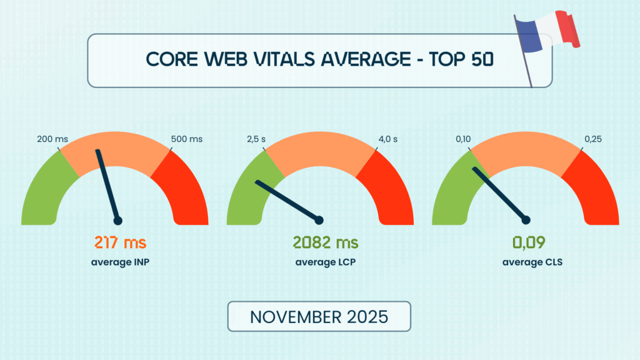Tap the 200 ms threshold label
[52, 139]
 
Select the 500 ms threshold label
[187, 139]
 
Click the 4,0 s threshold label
[387, 139]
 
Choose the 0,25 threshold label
[594, 139]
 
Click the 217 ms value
[120, 242]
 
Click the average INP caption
[120, 262]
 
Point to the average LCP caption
[320, 262]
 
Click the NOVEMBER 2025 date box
[319, 316]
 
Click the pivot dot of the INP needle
[117, 220]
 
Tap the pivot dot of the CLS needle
[526, 219]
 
